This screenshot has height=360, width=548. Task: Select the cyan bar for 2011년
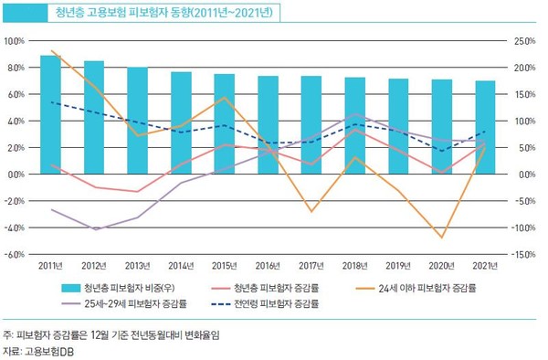coord(51,114)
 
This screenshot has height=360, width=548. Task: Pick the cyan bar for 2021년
coord(486,127)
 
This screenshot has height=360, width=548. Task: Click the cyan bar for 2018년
coord(355,125)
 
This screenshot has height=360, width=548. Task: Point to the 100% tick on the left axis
coord(15,41)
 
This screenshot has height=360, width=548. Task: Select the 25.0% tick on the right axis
coord(522,41)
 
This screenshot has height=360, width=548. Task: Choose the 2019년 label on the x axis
coord(399,266)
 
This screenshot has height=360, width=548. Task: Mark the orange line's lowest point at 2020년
coord(442,238)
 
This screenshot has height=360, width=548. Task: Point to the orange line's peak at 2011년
coord(51,51)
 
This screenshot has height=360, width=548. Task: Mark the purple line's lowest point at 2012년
coord(95,229)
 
